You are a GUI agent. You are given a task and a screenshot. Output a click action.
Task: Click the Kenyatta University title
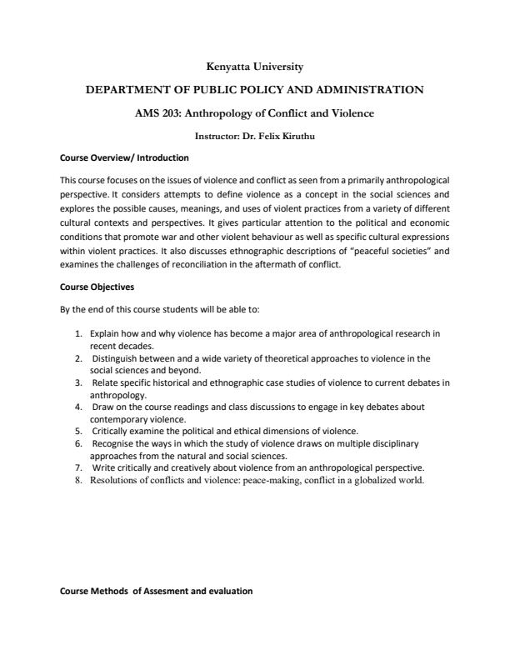255,66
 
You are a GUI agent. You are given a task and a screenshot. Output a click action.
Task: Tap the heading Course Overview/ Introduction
124,157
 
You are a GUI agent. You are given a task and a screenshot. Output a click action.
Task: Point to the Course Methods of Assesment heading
157,591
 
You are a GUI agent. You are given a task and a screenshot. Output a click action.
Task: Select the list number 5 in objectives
77,431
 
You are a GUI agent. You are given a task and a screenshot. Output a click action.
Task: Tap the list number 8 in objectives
77,480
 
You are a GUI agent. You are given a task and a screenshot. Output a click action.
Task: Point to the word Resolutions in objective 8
114,480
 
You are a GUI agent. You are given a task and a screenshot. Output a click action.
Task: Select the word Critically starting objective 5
111,431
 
